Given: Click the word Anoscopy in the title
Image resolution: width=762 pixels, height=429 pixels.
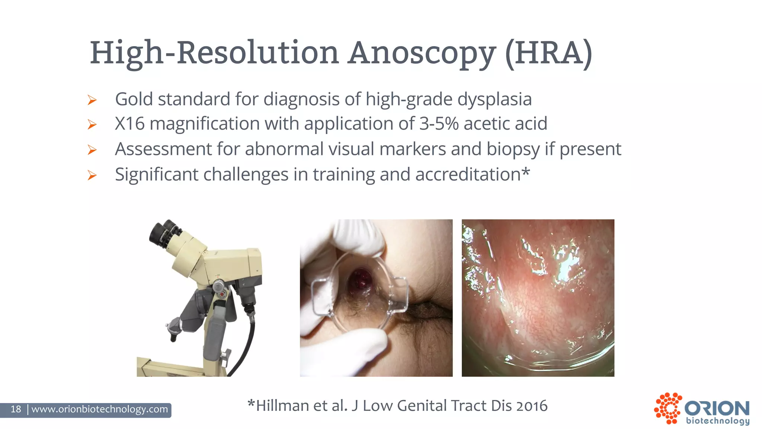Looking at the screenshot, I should tap(422, 53).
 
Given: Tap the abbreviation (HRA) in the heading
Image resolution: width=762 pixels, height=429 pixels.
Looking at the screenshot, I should tap(548, 53).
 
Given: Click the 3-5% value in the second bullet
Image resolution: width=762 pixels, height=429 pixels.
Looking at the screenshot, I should tap(439, 124).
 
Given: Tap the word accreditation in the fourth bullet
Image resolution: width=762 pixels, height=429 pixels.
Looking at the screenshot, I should tap(468, 174).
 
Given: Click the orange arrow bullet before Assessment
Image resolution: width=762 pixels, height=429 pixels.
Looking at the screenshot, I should tap(92, 150).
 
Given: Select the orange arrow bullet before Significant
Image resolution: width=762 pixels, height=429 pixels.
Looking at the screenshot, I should tap(92, 175).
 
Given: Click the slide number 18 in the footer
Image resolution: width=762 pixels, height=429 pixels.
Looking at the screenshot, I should tap(16, 409).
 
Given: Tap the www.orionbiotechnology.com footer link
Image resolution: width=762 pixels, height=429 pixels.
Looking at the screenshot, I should tap(100, 409).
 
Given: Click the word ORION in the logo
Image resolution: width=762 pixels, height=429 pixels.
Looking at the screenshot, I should tap(717, 409).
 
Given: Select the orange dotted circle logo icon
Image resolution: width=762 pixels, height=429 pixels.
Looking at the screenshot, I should tap(668, 408).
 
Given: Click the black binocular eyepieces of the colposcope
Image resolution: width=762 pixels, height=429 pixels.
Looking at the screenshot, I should tap(164, 233).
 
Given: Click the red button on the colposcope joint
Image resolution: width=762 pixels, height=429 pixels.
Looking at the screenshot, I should tap(222, 295).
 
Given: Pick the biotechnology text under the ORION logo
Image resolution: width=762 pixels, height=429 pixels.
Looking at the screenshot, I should tap(718, 421).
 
